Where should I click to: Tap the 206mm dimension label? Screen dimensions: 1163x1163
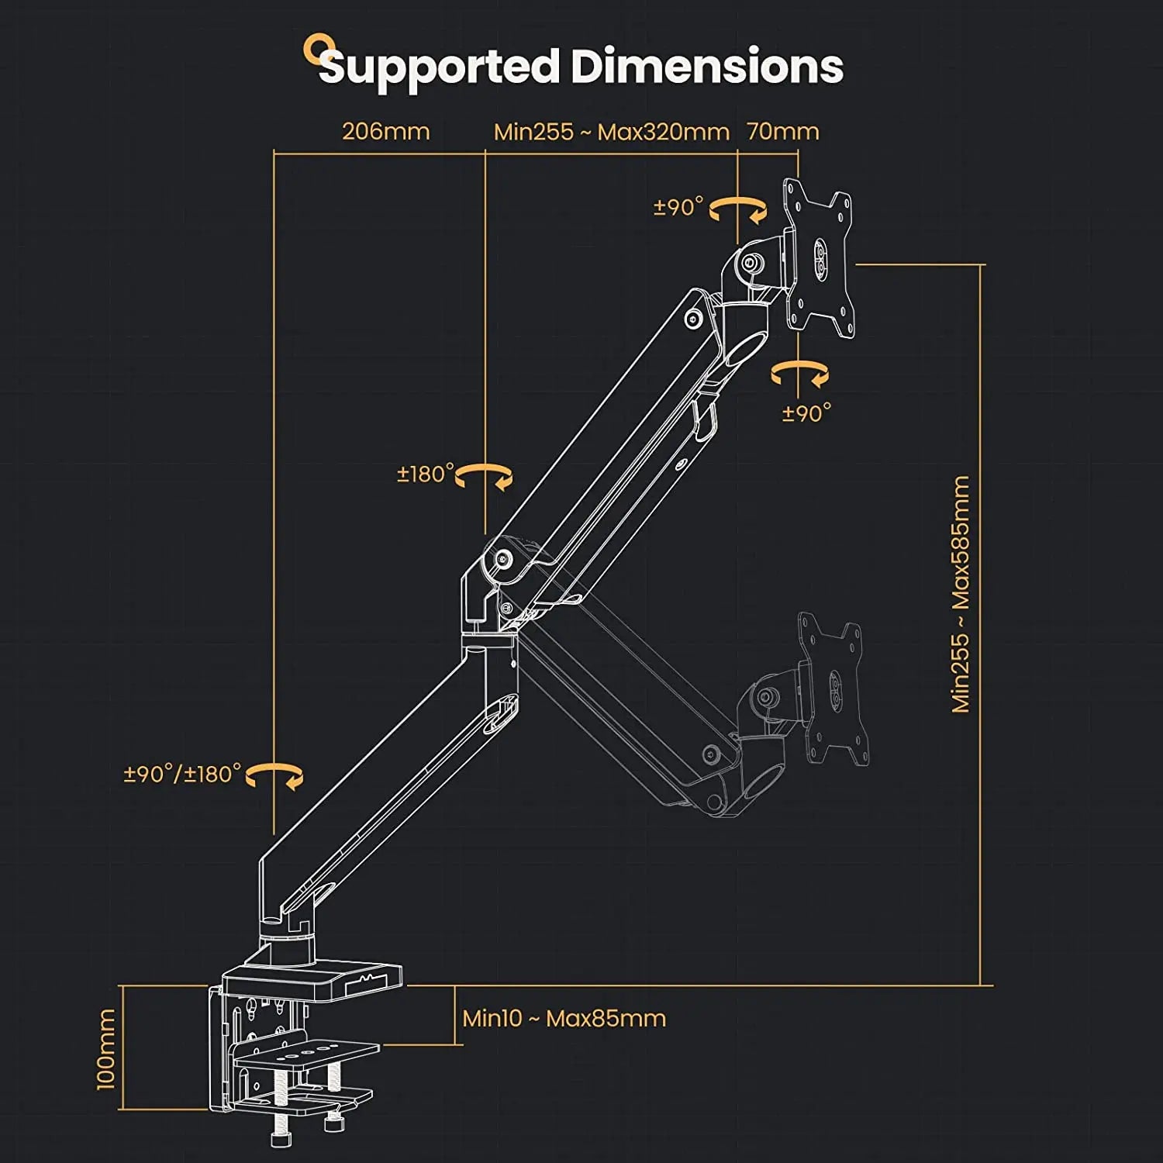coord(386,131)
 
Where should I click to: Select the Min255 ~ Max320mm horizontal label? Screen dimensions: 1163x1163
coord(612,132)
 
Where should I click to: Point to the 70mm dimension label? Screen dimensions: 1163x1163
coord(783,131)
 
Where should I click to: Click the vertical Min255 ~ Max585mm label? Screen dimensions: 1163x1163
coord(961,594)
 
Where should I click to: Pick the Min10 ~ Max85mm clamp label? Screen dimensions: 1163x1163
coord(564,1018)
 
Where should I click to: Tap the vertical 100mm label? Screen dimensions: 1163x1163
coord(105,1048)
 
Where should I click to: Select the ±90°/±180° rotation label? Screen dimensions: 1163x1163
coord(183,774)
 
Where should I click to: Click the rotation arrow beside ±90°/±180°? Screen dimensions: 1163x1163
coord(276,775)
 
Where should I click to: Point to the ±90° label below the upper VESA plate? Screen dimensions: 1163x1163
coord(806,413)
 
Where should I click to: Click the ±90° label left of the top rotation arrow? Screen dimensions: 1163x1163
coord(678,207)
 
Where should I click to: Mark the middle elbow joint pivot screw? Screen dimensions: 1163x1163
coord(505,558)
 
